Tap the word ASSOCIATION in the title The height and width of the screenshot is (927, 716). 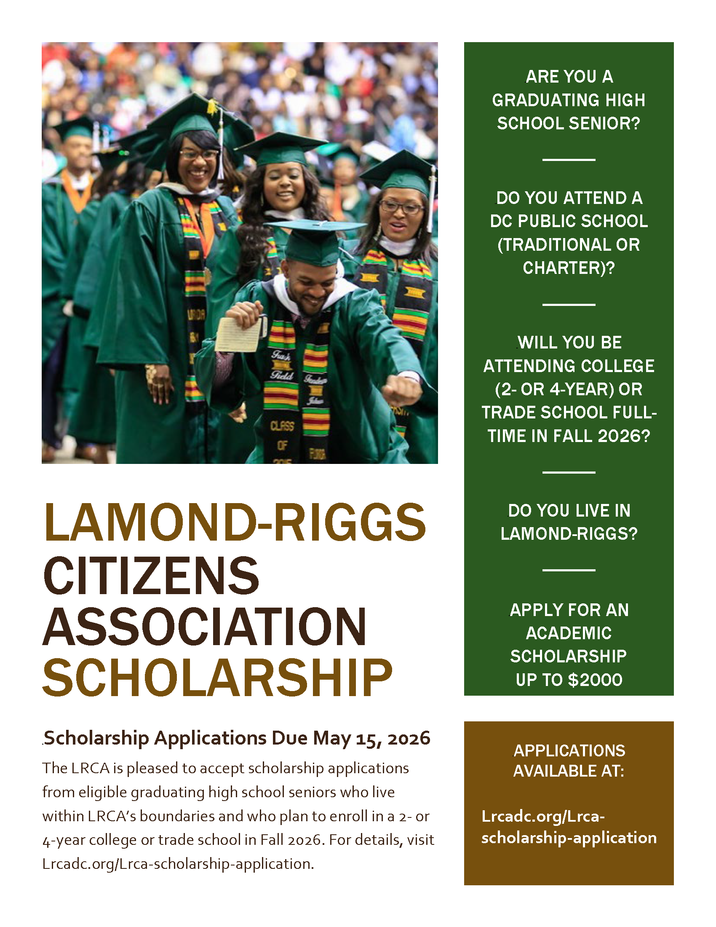click(x=204, y=627)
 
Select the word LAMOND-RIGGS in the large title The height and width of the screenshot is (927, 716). click(x=235, y=522)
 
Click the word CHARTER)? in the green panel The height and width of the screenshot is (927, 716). click(x=569, y=268)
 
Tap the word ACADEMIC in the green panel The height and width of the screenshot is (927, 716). click(x=569, y=633)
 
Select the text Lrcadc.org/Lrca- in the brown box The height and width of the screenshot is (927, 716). click(x=543, y=816)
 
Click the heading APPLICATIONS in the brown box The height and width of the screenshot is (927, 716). click(x=569, y=750)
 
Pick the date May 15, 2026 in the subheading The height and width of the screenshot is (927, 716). click(x=371, y=739)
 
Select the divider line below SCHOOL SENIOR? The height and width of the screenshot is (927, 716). click(x=569, y=160)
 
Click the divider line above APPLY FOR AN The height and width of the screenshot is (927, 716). click(x=569, y=570)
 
